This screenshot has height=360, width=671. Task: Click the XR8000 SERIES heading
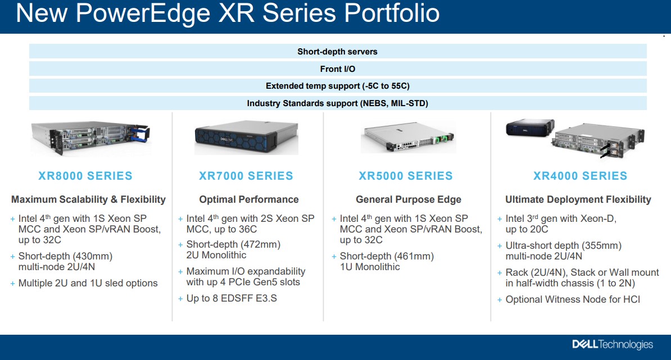[85, 176]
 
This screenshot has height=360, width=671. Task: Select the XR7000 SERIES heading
[246, 176]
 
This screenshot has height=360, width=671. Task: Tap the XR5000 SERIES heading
[406, 176]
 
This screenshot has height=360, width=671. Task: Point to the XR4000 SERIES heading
[581, 176]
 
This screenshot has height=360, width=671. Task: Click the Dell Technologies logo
[613, 345]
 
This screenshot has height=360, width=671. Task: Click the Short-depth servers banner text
[338, 52]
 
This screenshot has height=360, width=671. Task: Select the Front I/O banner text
[338, 69]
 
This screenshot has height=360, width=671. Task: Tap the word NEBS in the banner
[374, 103]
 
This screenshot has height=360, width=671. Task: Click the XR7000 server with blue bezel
[247, 137]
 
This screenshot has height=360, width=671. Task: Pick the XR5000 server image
[408, 137]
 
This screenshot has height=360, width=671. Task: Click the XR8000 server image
[90, 137]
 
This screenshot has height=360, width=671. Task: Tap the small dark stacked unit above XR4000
[530, 128]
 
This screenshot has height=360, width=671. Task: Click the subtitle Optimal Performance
[248, 200]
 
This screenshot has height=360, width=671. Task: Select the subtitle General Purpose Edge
[409, 200]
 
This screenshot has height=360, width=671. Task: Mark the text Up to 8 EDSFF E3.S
[232, 298]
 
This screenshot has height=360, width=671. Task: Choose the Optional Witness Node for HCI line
[573, 299]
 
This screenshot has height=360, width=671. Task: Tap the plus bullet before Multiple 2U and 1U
[12, 284]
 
